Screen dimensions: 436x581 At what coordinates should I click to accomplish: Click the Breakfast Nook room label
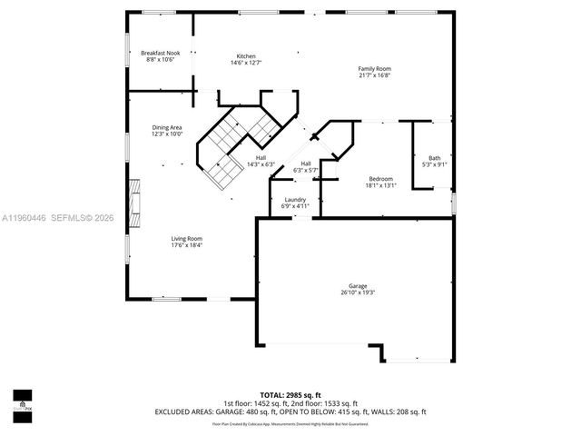[160, 54]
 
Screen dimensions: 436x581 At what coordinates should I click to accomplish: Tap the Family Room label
[373, 69]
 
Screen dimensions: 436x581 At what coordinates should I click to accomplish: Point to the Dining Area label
[167, 127]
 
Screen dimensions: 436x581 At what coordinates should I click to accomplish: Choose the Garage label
[357, 286]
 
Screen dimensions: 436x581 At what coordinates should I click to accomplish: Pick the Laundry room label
[295, 200]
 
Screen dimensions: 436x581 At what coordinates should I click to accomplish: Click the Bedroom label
[380, 178]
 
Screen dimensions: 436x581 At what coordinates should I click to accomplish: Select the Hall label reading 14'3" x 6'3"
[261, 158]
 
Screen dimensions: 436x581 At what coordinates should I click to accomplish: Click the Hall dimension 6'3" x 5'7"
[306, 170]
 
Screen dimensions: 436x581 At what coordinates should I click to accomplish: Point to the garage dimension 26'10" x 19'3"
[357, 292]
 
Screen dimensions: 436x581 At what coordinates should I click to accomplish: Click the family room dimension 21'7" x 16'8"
[373, 76]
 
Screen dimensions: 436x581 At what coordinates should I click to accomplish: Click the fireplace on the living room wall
[135, 203]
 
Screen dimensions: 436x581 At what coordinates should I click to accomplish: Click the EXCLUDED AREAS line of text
[290, 411]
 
